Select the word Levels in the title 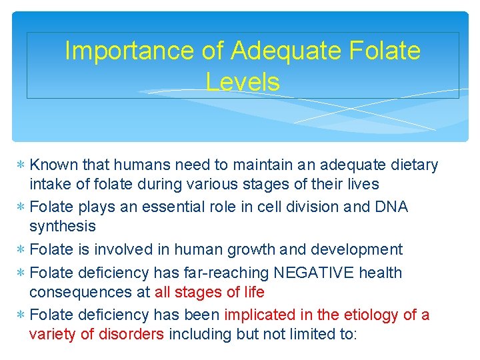[243, 82]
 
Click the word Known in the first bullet [54, 165]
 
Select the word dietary [413, 165]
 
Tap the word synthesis [63, 227]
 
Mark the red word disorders [130, 334]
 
